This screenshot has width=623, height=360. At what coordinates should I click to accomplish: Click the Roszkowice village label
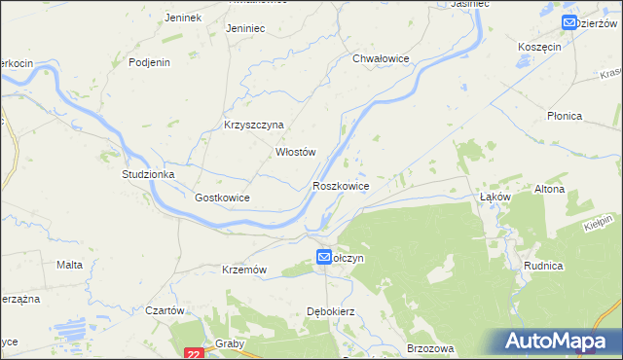[x=340, y=185]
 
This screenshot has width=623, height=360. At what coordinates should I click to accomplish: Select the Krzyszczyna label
[x=253, y=125]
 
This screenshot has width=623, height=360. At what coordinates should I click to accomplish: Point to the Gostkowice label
[x=223, y=198]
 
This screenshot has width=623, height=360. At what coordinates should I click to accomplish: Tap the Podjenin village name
[x=151, y=62]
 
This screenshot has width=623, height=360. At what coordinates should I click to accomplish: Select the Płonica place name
[x=564, y=116]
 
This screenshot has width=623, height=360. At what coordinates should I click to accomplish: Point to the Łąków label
[x=496, y=197]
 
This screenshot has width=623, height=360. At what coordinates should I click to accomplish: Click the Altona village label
[x=550, y=189]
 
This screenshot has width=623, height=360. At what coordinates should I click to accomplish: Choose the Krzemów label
[x=244, y=270]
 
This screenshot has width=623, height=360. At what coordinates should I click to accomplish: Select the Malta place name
[x=69, y=265]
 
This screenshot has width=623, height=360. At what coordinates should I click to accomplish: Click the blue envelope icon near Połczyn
[x=323, y=257]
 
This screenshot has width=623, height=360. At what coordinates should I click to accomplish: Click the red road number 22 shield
[x=194, y=353]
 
